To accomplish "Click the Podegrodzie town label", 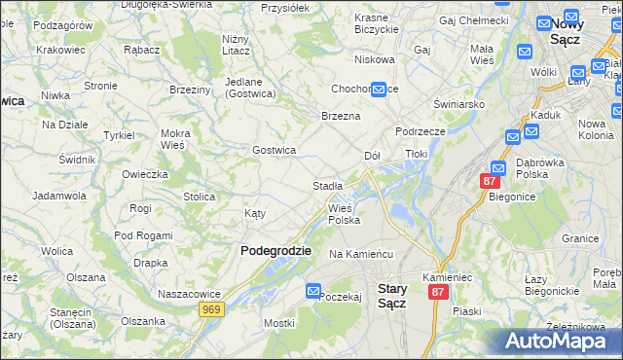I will point(275,250).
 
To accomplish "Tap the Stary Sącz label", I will point(391,296).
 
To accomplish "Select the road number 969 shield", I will point(211,308).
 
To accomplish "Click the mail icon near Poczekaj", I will point(313,291).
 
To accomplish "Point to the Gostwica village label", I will point(274,150).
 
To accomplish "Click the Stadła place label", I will point(327,186).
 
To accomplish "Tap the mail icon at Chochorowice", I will point(379,89).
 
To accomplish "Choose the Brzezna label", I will point(341,116).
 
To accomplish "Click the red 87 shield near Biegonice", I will point(490,181).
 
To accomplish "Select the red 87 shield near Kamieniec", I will point(439,292).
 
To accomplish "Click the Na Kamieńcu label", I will point(360,254).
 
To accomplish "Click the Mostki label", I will point(278,322).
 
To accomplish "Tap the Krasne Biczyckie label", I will point(378,23).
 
